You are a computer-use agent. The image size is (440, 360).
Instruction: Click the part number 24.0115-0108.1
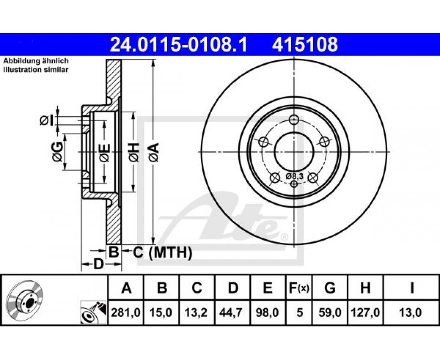pos(178,45)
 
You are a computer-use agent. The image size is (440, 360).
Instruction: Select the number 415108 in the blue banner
pos(305,45)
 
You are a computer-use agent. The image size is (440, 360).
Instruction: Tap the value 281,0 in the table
pos(126,312)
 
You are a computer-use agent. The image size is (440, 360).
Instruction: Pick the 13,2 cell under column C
pos(196,312)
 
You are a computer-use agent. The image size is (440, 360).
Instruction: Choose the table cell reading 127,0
pos(365,312)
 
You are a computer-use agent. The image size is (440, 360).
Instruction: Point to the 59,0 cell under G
pos(330,312)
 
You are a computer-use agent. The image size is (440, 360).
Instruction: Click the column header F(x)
pos(299,288)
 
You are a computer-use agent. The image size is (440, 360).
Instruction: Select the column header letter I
pos(412,288)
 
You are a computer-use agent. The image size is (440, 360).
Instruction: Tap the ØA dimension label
pos(154,152)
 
